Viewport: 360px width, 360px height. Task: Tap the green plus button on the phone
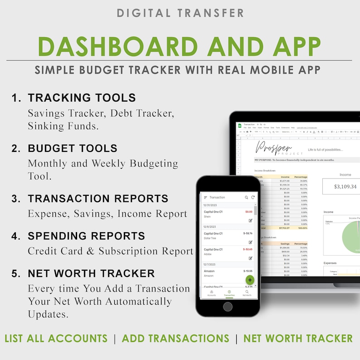coord(250,279)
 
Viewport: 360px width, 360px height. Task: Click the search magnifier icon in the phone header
coord(247,197)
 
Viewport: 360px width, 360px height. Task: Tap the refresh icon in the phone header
coord(253,197)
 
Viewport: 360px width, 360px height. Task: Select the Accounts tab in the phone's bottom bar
coord(211,293)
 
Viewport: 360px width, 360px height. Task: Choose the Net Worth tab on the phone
coord(247,293)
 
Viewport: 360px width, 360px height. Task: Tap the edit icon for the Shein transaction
coord(250,220)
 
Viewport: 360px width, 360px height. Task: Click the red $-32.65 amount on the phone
coord(248,249)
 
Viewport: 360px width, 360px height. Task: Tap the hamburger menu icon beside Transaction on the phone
coord(205,197)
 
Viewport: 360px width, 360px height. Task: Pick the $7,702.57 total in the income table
coord(283,228)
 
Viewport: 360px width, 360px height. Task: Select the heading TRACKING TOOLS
coord(82,97)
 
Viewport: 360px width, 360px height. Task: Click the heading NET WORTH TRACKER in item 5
coord(91,273)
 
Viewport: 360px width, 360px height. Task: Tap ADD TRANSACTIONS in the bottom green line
coord(175,338)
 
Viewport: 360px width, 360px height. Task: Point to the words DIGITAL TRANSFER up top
coord(180,12)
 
